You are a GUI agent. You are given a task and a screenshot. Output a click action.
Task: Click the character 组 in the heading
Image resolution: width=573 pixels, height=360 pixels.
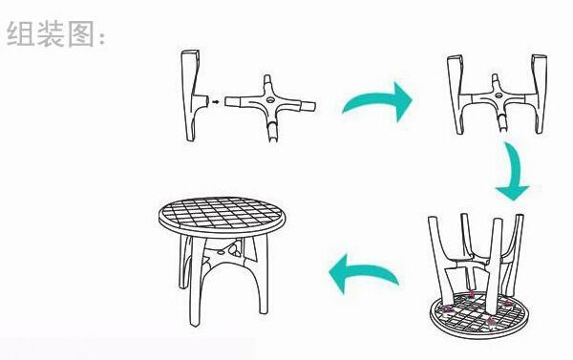tap(20, 33)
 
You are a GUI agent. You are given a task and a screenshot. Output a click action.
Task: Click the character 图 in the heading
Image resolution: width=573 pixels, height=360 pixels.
tap(81, 33)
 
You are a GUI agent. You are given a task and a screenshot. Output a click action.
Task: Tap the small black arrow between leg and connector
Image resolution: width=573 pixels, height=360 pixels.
tap(216, 101)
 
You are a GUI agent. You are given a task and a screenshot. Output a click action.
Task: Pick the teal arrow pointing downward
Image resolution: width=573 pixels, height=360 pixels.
tap(515, 172)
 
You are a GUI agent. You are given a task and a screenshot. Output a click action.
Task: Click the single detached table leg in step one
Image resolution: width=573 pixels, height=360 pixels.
tap(193, 95)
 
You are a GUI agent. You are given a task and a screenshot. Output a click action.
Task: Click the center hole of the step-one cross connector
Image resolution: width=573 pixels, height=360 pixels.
tap(271, 99)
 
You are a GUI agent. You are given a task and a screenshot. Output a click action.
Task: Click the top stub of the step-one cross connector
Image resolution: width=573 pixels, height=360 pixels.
tap(267, 81)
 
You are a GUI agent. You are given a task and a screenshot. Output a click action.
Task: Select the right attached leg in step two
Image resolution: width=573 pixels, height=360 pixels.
tap(538, 94)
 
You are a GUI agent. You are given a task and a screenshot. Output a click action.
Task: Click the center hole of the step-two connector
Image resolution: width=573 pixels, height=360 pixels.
tap(499, 95)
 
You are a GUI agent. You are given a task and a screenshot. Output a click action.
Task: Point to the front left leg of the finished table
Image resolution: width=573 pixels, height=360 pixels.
tap(197, 282)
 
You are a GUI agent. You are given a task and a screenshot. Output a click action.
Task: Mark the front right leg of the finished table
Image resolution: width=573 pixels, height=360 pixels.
tap(263, 274)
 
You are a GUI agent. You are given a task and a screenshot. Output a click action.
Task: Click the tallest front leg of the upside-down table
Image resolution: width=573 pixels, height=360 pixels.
tap(494, 266)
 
